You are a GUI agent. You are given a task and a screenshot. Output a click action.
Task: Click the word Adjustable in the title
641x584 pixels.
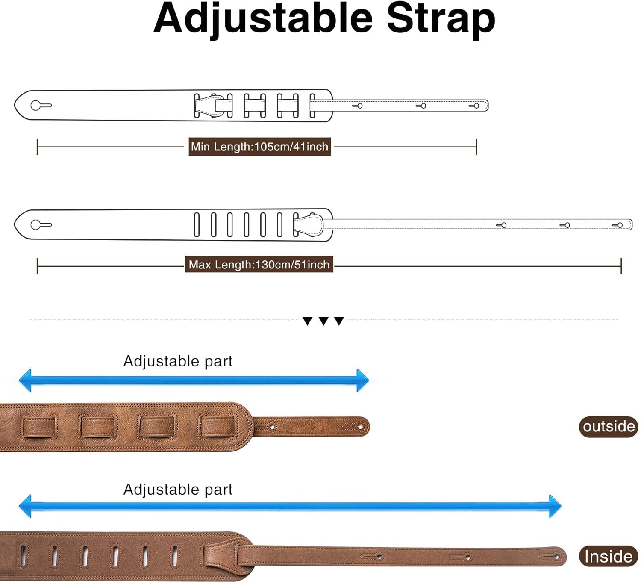[x=263, y=19]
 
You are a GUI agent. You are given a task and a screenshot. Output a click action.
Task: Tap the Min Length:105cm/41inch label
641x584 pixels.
[x=259, y=147]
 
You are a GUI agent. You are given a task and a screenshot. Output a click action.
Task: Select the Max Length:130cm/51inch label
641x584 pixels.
[x=259, y=265]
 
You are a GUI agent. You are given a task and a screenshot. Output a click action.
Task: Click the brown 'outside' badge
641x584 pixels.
[x=609, y=426]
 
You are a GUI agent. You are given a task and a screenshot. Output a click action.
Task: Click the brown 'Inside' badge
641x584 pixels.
[x=609, y=556]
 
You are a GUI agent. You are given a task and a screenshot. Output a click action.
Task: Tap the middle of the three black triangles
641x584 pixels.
[x=323, y=321]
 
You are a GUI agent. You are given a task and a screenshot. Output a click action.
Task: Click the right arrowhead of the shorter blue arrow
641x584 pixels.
[x=362, y=380]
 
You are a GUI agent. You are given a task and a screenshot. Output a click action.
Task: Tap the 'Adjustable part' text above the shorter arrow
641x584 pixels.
[x=178, y=361]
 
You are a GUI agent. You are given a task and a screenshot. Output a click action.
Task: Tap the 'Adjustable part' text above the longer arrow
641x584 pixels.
[x=178, y=490]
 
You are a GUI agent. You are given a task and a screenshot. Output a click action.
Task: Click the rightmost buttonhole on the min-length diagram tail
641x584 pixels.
[x=475, y=106]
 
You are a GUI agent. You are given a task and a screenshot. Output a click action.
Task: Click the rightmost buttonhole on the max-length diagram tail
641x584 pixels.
[x=619, y=225]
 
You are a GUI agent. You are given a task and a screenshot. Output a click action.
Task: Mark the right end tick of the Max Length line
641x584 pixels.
[x=621, y=266]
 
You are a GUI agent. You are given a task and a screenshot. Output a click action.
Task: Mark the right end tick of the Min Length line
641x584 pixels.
[x=476, y=147]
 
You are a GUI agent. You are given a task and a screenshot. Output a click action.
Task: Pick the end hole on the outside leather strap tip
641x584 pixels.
[x=360, y=427]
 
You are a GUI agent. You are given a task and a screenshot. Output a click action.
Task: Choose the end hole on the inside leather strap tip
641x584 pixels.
[x=556, y=557]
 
